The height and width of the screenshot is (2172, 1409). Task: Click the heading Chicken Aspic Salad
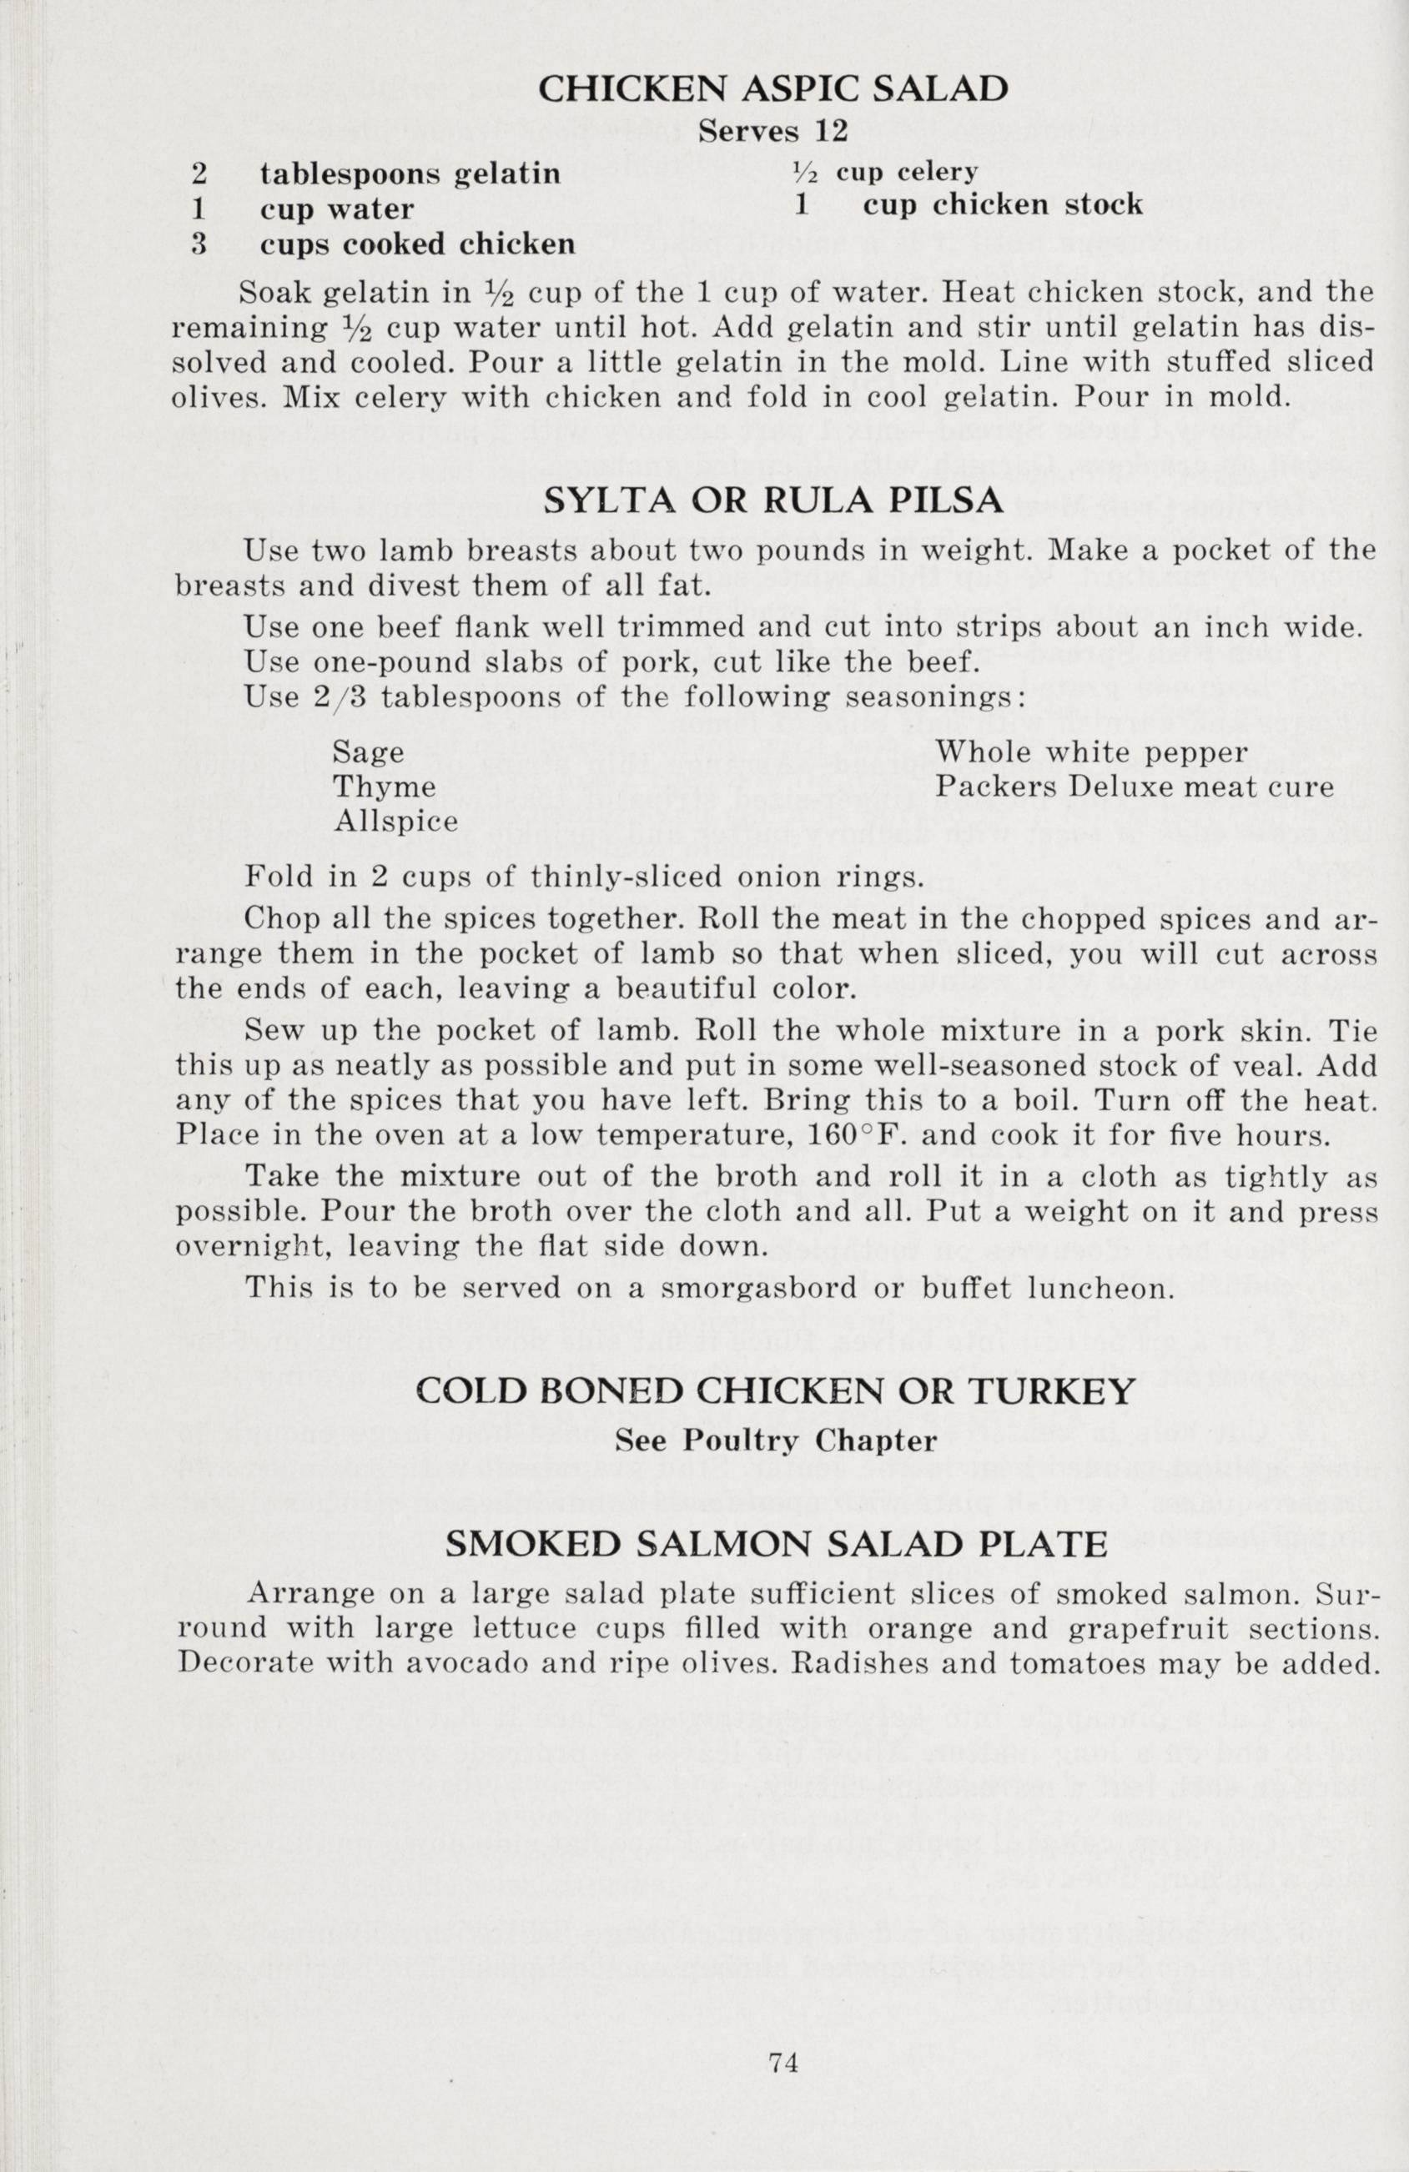773,88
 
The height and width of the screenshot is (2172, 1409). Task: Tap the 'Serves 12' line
773,132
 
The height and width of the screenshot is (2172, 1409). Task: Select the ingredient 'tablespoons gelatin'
410,173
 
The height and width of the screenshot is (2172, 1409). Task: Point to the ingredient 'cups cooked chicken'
417,244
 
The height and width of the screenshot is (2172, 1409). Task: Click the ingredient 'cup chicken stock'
1002,204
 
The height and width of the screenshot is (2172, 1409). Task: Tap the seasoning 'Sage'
368,752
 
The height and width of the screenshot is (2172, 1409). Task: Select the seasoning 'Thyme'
383,787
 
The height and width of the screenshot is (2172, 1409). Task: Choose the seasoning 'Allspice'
395,822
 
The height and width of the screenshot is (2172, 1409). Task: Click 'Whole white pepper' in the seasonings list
1091,752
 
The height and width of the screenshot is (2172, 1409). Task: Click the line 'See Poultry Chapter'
775,1440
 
